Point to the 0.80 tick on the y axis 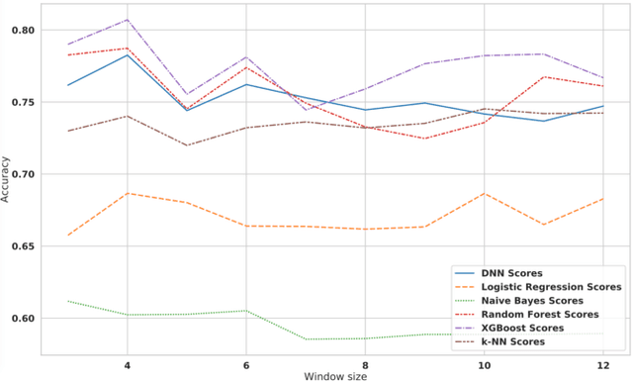tap(24, 31)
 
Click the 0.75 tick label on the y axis tap(24, 102)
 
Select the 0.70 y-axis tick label tap(24, 174)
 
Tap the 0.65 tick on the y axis tap(24, 246)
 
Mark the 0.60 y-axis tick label tap(24, 318)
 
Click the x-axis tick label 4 tap(127, 363)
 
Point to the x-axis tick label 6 tap(245, 363)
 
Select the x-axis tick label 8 tap(365, 363)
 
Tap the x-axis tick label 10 tap(484, 363)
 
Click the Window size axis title tap(335, 375)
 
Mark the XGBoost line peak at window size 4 tap(127, 20)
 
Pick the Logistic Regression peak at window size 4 tap(127, 194)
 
